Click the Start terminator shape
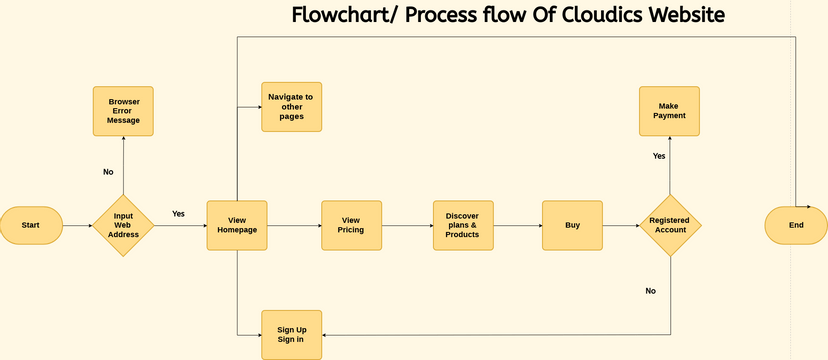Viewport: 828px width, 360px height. pyautogui.click(x=31, y=225)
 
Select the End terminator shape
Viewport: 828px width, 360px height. pyautogui.click(x=795, y=225)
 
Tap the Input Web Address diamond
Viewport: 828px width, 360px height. pyautogui.click(x=123, y=225)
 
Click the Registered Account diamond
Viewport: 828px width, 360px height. pyautogui.click(x=669, y=225)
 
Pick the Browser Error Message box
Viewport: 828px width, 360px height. pyautogui.click(x=123, y=110)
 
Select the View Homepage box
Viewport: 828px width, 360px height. pyautogui.click(x=236, y=225)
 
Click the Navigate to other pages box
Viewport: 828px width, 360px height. pyautogui.click(x=292, y=106)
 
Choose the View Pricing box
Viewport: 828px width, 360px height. pyautogui.click(x=351, y=225)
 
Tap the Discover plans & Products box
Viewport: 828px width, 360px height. pyautogui.click(x=463, y=225)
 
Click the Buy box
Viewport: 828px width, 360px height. pyautogui.click(x=572, y=225)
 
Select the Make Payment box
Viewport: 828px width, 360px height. pyautogui.click(x=669, y=110)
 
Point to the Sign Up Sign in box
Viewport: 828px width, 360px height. pyautogui.click(x=292, y=334)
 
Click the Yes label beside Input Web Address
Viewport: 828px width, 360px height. pyautogui.click(x=178, y=213)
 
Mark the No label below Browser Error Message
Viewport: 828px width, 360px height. pyautogui.click(x=108, y=172)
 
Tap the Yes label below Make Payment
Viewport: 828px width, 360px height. pyautogui.click(x=659, y=156)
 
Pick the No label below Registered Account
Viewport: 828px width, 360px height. pyautogui.click(x=650, y=291)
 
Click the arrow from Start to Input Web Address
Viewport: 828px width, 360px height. pyautogui.click(x=77, y=225)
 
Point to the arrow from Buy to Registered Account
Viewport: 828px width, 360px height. pyautogui.click(x=620, y=225)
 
